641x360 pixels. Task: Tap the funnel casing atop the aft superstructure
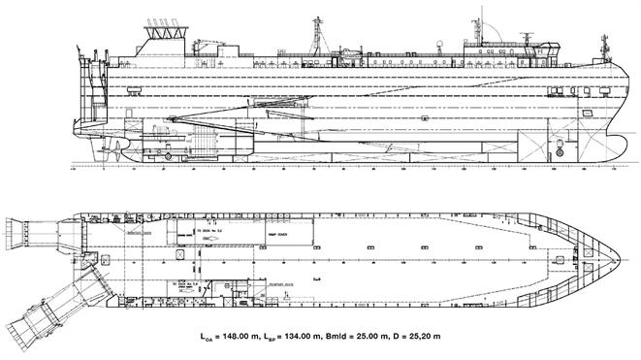point(164,33)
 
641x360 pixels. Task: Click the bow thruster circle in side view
point(561,152)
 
